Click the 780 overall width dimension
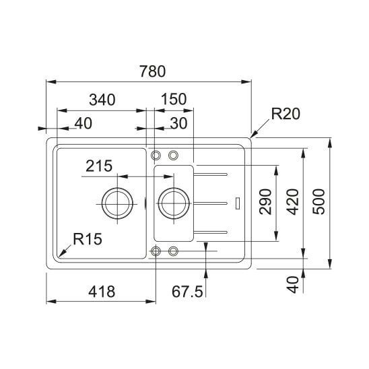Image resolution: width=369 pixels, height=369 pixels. click(153, 71)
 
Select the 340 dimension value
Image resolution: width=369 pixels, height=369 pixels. click(102, 100)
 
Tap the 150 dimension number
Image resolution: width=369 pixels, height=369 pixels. click(174, 99)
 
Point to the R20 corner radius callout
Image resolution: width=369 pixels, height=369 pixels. click(286, 114)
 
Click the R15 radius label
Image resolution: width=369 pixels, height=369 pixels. click(88, 239)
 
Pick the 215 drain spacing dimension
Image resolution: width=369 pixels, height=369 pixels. click(99, 166)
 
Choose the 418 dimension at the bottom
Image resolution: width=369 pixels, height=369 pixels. click(102, 292)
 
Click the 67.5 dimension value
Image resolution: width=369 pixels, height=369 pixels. click(187, 292)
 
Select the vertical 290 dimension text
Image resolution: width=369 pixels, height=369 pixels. click(265, 202)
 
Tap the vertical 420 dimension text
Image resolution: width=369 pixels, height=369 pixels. click(293, 202)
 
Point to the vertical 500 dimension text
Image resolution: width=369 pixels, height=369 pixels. click(318, 202)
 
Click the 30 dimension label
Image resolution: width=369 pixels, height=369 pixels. click(178, 123)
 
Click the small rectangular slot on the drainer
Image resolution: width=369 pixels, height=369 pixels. click(238, 203)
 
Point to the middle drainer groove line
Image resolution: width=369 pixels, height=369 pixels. click(210, 203)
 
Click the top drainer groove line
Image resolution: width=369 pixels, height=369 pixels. click(210, 174)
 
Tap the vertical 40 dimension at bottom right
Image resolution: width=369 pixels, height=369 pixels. click(293, 285)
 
